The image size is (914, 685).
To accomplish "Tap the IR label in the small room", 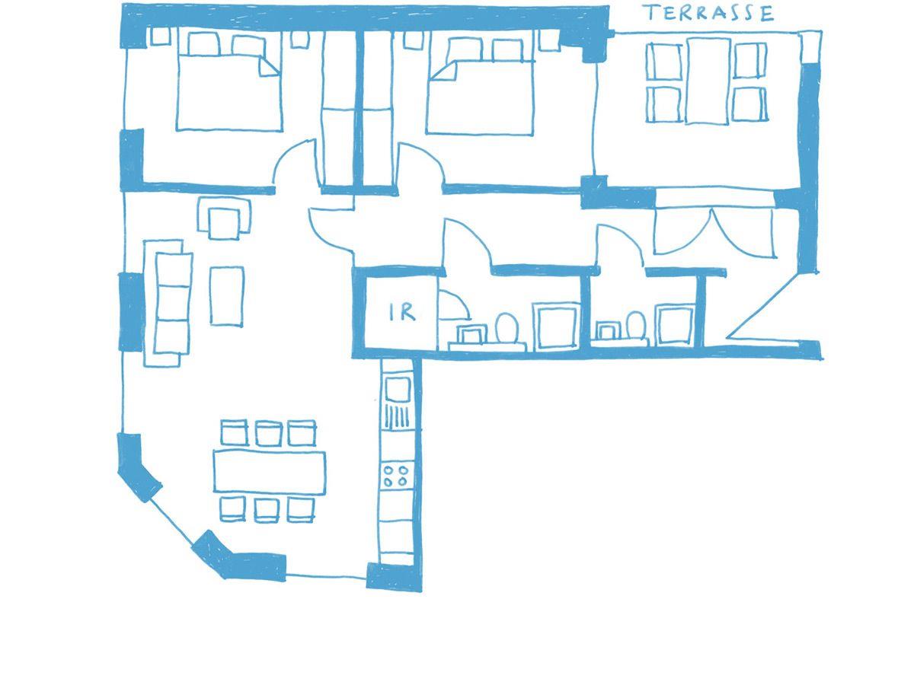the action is click(x=402, y=312).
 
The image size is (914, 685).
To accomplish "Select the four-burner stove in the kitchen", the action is click(x=395, y=476).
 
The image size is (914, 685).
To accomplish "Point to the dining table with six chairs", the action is click(x=270, y=472).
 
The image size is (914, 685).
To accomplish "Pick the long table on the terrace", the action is click(x=708, y=81).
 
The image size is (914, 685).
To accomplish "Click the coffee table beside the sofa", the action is click(x=226, y=296).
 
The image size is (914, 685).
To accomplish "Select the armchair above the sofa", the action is click(x=224, y=218).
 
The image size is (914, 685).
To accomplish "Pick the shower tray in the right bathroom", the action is click(x=675, y=325).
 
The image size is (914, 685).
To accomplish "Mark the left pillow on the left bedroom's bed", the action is click(x=203, y=44).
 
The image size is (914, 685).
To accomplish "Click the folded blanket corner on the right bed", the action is click(x=443, y=71).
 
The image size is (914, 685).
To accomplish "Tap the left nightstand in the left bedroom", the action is click(x=160, y=37).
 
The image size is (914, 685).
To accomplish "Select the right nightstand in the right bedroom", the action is click(x=549, y=40).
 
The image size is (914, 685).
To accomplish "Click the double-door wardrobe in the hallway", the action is click(x=714, y=231).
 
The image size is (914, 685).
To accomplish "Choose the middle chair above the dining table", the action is click(x=268, y=433).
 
